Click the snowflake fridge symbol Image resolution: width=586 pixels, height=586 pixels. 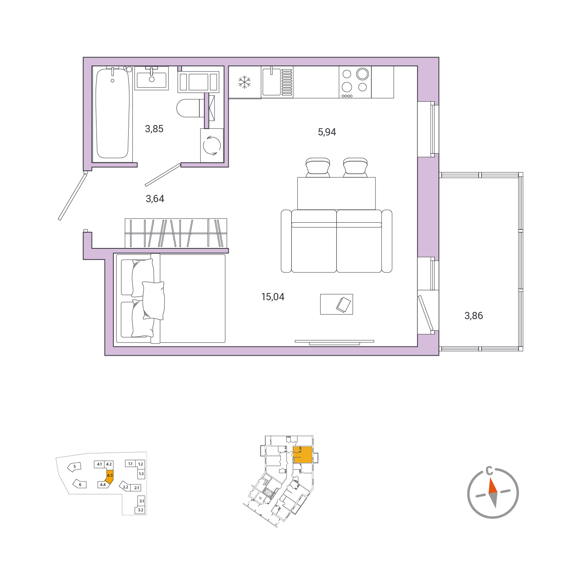pyautogui.click(x=244, y=82)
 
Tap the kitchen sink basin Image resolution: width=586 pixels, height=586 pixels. pyautogui.click(x=271, y=82)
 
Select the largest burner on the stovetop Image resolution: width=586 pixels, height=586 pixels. pyautogui.click(x=363, y=74)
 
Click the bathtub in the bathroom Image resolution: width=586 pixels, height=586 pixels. pyautogui.click(x=113, y=113)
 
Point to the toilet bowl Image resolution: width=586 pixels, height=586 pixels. pyautogui.click(x=188, y=108)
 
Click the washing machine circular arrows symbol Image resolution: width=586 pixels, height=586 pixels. pyautogui.click(x=212, y=145)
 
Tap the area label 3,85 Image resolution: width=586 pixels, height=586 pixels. pyautogui.click(x=154, y=129)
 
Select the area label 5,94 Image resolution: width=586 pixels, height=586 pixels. pyautogui.click(x=327, y=132)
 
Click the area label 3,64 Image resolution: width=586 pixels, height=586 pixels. pyautogui.click(x=155, y=199)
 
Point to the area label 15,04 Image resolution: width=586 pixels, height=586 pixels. pyautogui.click(x=273, y=297)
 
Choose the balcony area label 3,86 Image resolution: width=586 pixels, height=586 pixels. pyautogui.click(x=473, y=316)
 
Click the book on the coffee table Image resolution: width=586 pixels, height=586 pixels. pyautogui.click(x=343, y=305)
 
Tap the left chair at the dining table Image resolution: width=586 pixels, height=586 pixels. pyautogui.click(x=318, y=167)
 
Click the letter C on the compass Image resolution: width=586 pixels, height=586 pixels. pyautogui.click(x=489, y=471)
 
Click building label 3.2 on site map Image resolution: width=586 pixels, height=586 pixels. pyautogui.click(x=141, y=510)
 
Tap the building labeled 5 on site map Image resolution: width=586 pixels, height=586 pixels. pyautogui.click(x=74, y=467)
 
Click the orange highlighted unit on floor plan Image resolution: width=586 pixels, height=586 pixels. pyautogui.click(x=303, y=455)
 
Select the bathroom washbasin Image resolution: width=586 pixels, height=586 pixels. pyautogui.click(x=152, y=78)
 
